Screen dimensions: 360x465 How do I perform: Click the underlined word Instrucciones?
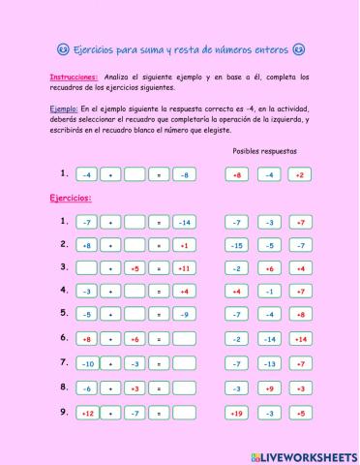(74, 76)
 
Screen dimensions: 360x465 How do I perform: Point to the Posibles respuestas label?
(265, 151)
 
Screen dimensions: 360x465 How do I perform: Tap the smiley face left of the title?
(63, 49)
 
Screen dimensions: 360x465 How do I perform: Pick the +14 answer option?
(301, 339)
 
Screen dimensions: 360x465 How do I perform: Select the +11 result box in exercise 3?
(184, 268)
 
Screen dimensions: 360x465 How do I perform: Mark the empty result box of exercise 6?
(184, 339)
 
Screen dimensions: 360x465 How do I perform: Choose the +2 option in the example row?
(301, 174)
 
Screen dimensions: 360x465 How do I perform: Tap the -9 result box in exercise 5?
(184, 315)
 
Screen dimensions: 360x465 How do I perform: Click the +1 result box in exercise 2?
(184, 245)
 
